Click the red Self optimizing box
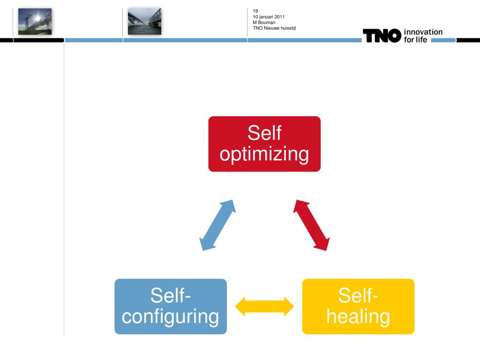click(264, 144)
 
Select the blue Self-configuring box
click(171, 307)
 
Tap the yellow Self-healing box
click(358, 307)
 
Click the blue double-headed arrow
click(217, 225)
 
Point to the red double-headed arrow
click(311, 225)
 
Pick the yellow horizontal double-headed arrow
click(264, 307)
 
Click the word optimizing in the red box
click(264, 154)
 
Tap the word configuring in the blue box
click(171, 317)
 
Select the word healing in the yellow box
click(358, 316)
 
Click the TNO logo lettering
click(382, 36)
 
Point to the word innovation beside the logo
click(423, 32)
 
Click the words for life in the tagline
click(415, 39)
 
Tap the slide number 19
click(255, 11)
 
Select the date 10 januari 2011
click(269, 17)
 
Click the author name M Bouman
click(264, 22)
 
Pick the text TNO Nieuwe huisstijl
click(274, 28)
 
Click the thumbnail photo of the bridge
click(144, 22)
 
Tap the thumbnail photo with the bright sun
click(35, 22)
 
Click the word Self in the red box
click(264, 133)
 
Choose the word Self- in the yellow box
click(358, 295)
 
